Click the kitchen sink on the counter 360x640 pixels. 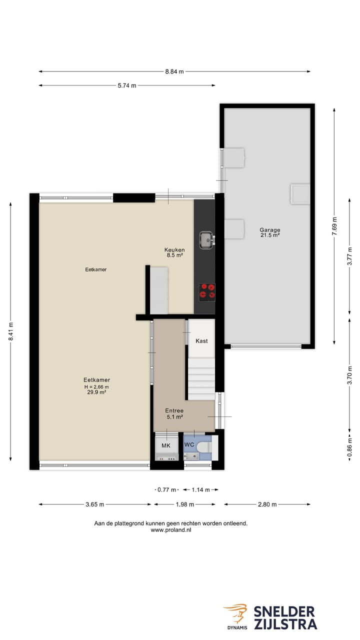[x=206, y=240]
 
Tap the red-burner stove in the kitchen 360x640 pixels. [x=207, y=291]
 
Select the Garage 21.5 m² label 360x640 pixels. [x=269, y=232]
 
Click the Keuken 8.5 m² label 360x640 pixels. [x=175, y=252]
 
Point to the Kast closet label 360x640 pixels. [x=201, y=341]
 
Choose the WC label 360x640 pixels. [x=189, y=444]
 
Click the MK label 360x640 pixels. [x=166, y=445]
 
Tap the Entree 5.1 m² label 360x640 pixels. [x=174, y=413]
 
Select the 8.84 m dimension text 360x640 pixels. [x=174, y=71]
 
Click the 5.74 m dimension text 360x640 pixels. [x=127, y=85]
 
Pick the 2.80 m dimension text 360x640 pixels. [x=267, y=504]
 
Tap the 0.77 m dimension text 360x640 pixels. [x=166, y=490]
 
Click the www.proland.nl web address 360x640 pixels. [x=171, y=530]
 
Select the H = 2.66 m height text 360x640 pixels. [x=96, y=386]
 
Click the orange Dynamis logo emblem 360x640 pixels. [x=235, y=613]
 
